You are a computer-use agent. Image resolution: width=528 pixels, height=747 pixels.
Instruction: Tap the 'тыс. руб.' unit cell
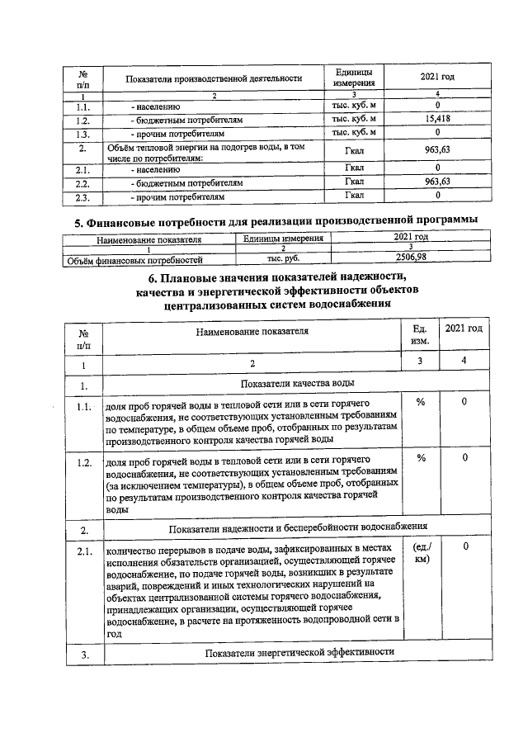pyautogui.click(x=282, y=258)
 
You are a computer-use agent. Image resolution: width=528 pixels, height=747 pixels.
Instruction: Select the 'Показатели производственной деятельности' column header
pyautogui.click(x=214, y=78)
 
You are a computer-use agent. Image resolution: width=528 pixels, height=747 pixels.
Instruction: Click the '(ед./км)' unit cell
pyautogui.click(x=419, y=553)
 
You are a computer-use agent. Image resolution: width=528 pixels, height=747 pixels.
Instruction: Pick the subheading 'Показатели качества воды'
pyautogui.click(x=297, y=384)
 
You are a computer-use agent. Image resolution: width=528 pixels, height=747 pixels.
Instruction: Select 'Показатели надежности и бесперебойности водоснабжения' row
pyautogui.click(x=297, y=526)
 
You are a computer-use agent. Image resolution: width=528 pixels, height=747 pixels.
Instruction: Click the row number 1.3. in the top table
pyautogui.click(x=82, y=132)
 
